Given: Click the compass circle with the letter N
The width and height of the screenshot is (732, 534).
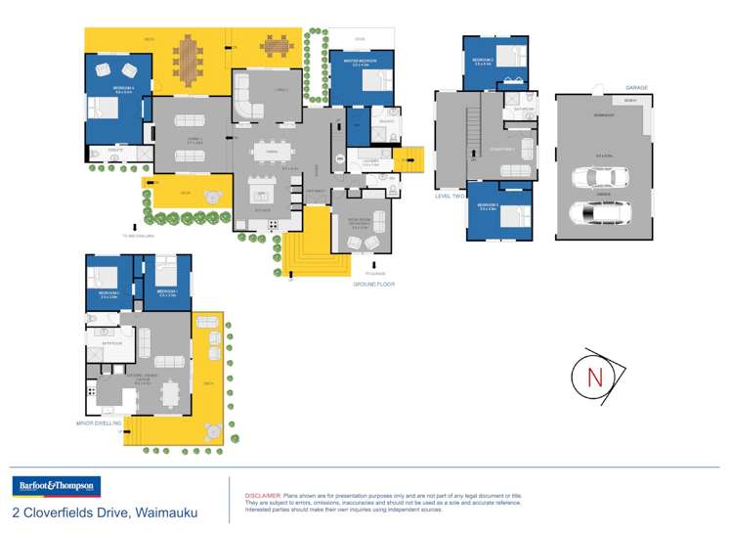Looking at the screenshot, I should (594, 376).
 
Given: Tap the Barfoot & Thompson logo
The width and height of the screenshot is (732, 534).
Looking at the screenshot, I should (56, 486).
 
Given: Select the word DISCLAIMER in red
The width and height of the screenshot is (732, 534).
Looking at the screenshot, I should (261, 497).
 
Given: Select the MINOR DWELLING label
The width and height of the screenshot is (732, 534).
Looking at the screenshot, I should (100, 423).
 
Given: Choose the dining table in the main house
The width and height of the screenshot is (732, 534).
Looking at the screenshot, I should (273, 151).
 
